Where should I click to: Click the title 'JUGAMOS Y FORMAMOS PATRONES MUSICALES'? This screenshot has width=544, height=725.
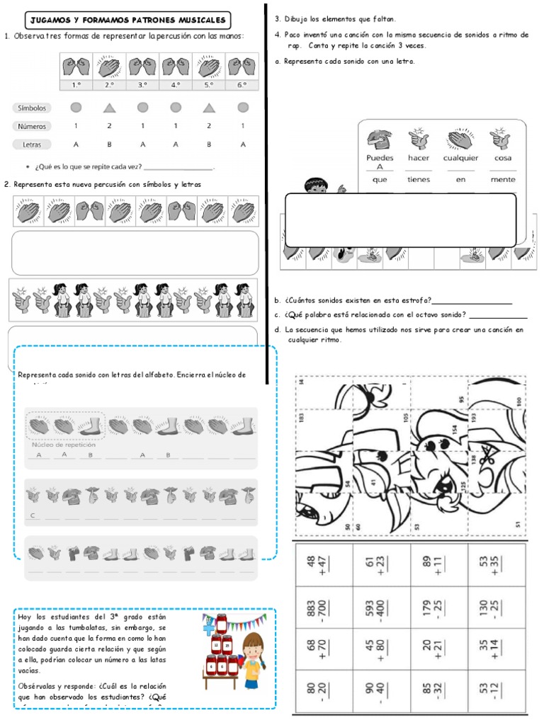127,21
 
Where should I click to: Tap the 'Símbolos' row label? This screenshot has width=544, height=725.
32,108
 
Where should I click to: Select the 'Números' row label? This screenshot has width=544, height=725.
32,126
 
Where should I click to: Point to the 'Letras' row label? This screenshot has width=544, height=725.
32,144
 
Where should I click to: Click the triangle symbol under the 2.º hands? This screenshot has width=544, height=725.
109,108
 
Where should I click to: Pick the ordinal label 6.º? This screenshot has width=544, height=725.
242,85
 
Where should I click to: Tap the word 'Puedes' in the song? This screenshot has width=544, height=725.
380,158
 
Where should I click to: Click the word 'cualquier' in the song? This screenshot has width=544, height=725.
460,158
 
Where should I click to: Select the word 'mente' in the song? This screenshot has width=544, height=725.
502,179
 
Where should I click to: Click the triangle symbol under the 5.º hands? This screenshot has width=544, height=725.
209,108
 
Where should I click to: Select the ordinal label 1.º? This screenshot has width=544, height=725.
76,85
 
